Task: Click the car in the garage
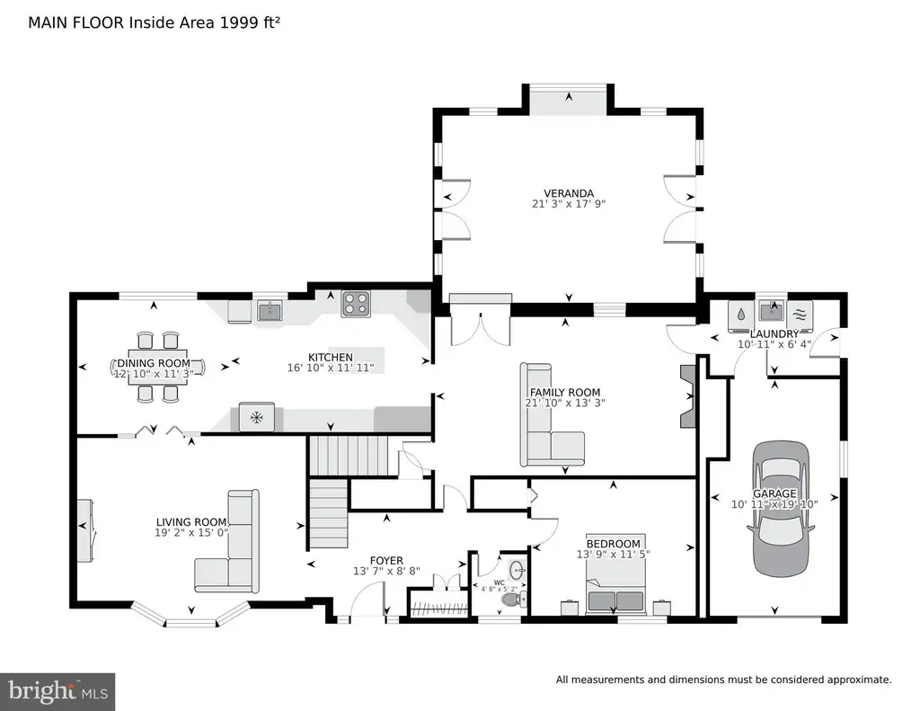781,509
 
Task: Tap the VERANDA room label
569,193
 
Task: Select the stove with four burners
356,304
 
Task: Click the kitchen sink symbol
270,310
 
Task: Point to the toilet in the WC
513,600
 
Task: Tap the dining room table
158,368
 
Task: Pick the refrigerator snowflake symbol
256,417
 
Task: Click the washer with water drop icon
740,314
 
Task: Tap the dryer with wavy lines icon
800,314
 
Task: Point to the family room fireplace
687,396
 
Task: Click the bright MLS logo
57,691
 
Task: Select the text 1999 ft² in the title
250,22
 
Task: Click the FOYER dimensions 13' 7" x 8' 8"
386,571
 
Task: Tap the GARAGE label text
774,493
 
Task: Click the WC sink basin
517,570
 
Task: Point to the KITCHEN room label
331,357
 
